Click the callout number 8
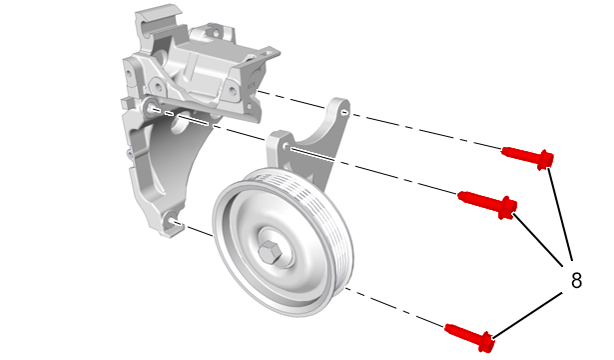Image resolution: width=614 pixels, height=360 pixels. click(x=576, y=281)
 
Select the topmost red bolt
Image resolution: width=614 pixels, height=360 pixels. click(x=527, y=157)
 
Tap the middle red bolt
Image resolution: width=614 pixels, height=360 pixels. click(x=487, y=204)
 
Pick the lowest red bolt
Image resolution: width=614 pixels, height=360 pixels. click(x=470, y=337)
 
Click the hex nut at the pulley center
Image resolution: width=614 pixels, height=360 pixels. click(x=271, y=251)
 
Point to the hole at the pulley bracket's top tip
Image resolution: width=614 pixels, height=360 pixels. click(x=344, y=113)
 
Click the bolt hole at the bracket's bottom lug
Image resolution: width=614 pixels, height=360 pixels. click(x=171, y=221)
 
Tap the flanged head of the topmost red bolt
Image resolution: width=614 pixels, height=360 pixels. click(x=545, y=160)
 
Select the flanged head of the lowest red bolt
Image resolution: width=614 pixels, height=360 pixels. click(x=487, y=342)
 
